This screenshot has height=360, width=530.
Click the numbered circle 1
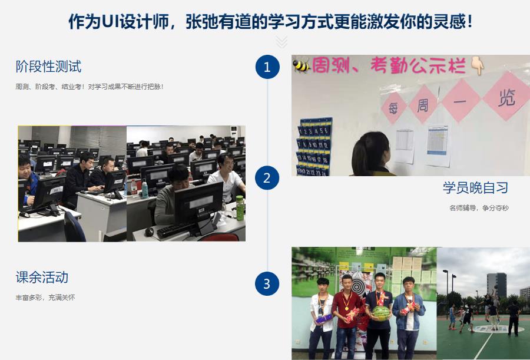click(x=267, y=67)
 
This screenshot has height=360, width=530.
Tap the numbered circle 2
click(x=267, y=177)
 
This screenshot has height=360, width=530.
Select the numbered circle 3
click(x=267, y=284)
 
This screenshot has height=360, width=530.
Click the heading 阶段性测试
click(x=48, y=67)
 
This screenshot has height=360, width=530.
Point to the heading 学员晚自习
click(x=475, y=188)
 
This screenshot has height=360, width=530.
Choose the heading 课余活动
click(x=42, y=277)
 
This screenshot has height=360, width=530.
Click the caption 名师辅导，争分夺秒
click(x=478, y=208)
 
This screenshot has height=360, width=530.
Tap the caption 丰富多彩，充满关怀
click(x=45, y=298)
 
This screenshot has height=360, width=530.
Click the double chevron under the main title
click(x=281, y=41)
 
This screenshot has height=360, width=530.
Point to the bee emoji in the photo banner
click(x=302, y=65)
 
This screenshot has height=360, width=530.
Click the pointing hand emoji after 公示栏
click(x=477, y=65)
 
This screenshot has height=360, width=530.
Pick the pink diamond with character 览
click(x=506, y=97)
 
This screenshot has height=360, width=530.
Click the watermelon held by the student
click(x=380, y=313)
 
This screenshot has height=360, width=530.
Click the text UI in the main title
click(x=111, y=22)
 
